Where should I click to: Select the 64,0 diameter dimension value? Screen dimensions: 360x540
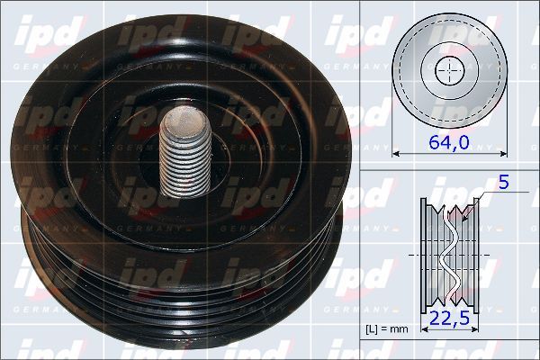pos(447,143)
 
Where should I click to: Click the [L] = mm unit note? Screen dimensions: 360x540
pos(386,329)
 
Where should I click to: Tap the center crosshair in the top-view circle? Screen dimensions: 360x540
pos(447,69)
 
